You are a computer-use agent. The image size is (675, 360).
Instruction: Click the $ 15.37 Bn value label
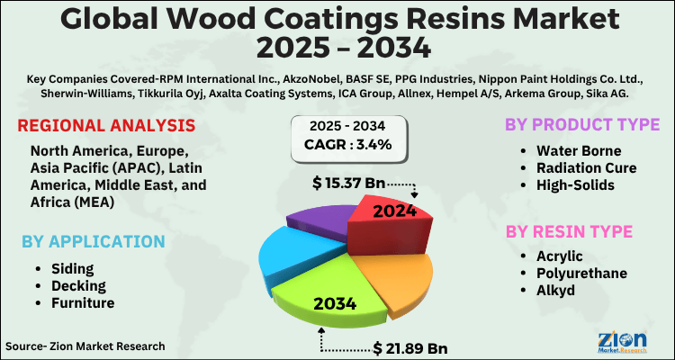349,183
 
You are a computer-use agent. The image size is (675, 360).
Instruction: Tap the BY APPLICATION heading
94,241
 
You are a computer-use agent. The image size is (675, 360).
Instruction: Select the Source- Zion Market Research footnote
85,346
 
